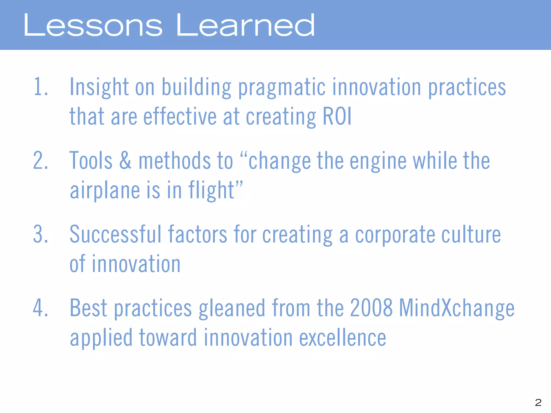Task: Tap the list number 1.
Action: [40, 87]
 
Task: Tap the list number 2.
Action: [40, 160]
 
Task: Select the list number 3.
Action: [40, 234]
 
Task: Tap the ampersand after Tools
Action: [125, 160]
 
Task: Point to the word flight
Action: [211, 190]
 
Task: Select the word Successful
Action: [115, 234]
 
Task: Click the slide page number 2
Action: [538, 402]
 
